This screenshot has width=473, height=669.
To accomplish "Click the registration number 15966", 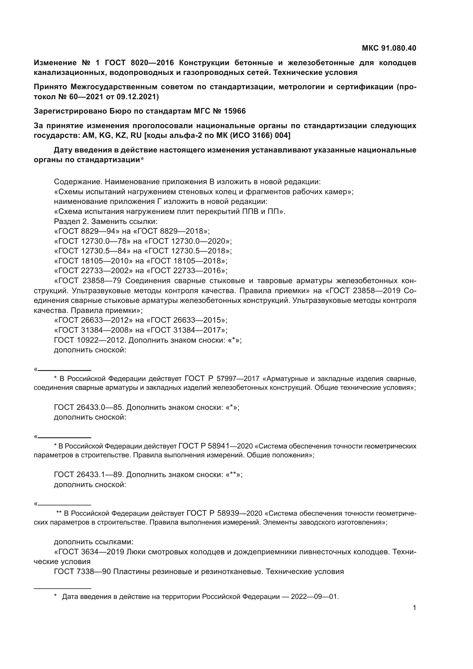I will click(x=235, y=111).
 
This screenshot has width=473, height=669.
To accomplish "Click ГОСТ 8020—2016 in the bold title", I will click(x=139, y=63).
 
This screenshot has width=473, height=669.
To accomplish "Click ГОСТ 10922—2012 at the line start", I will click(x=90, y=340).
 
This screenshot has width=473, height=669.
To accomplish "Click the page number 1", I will click(x=414, y=608).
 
